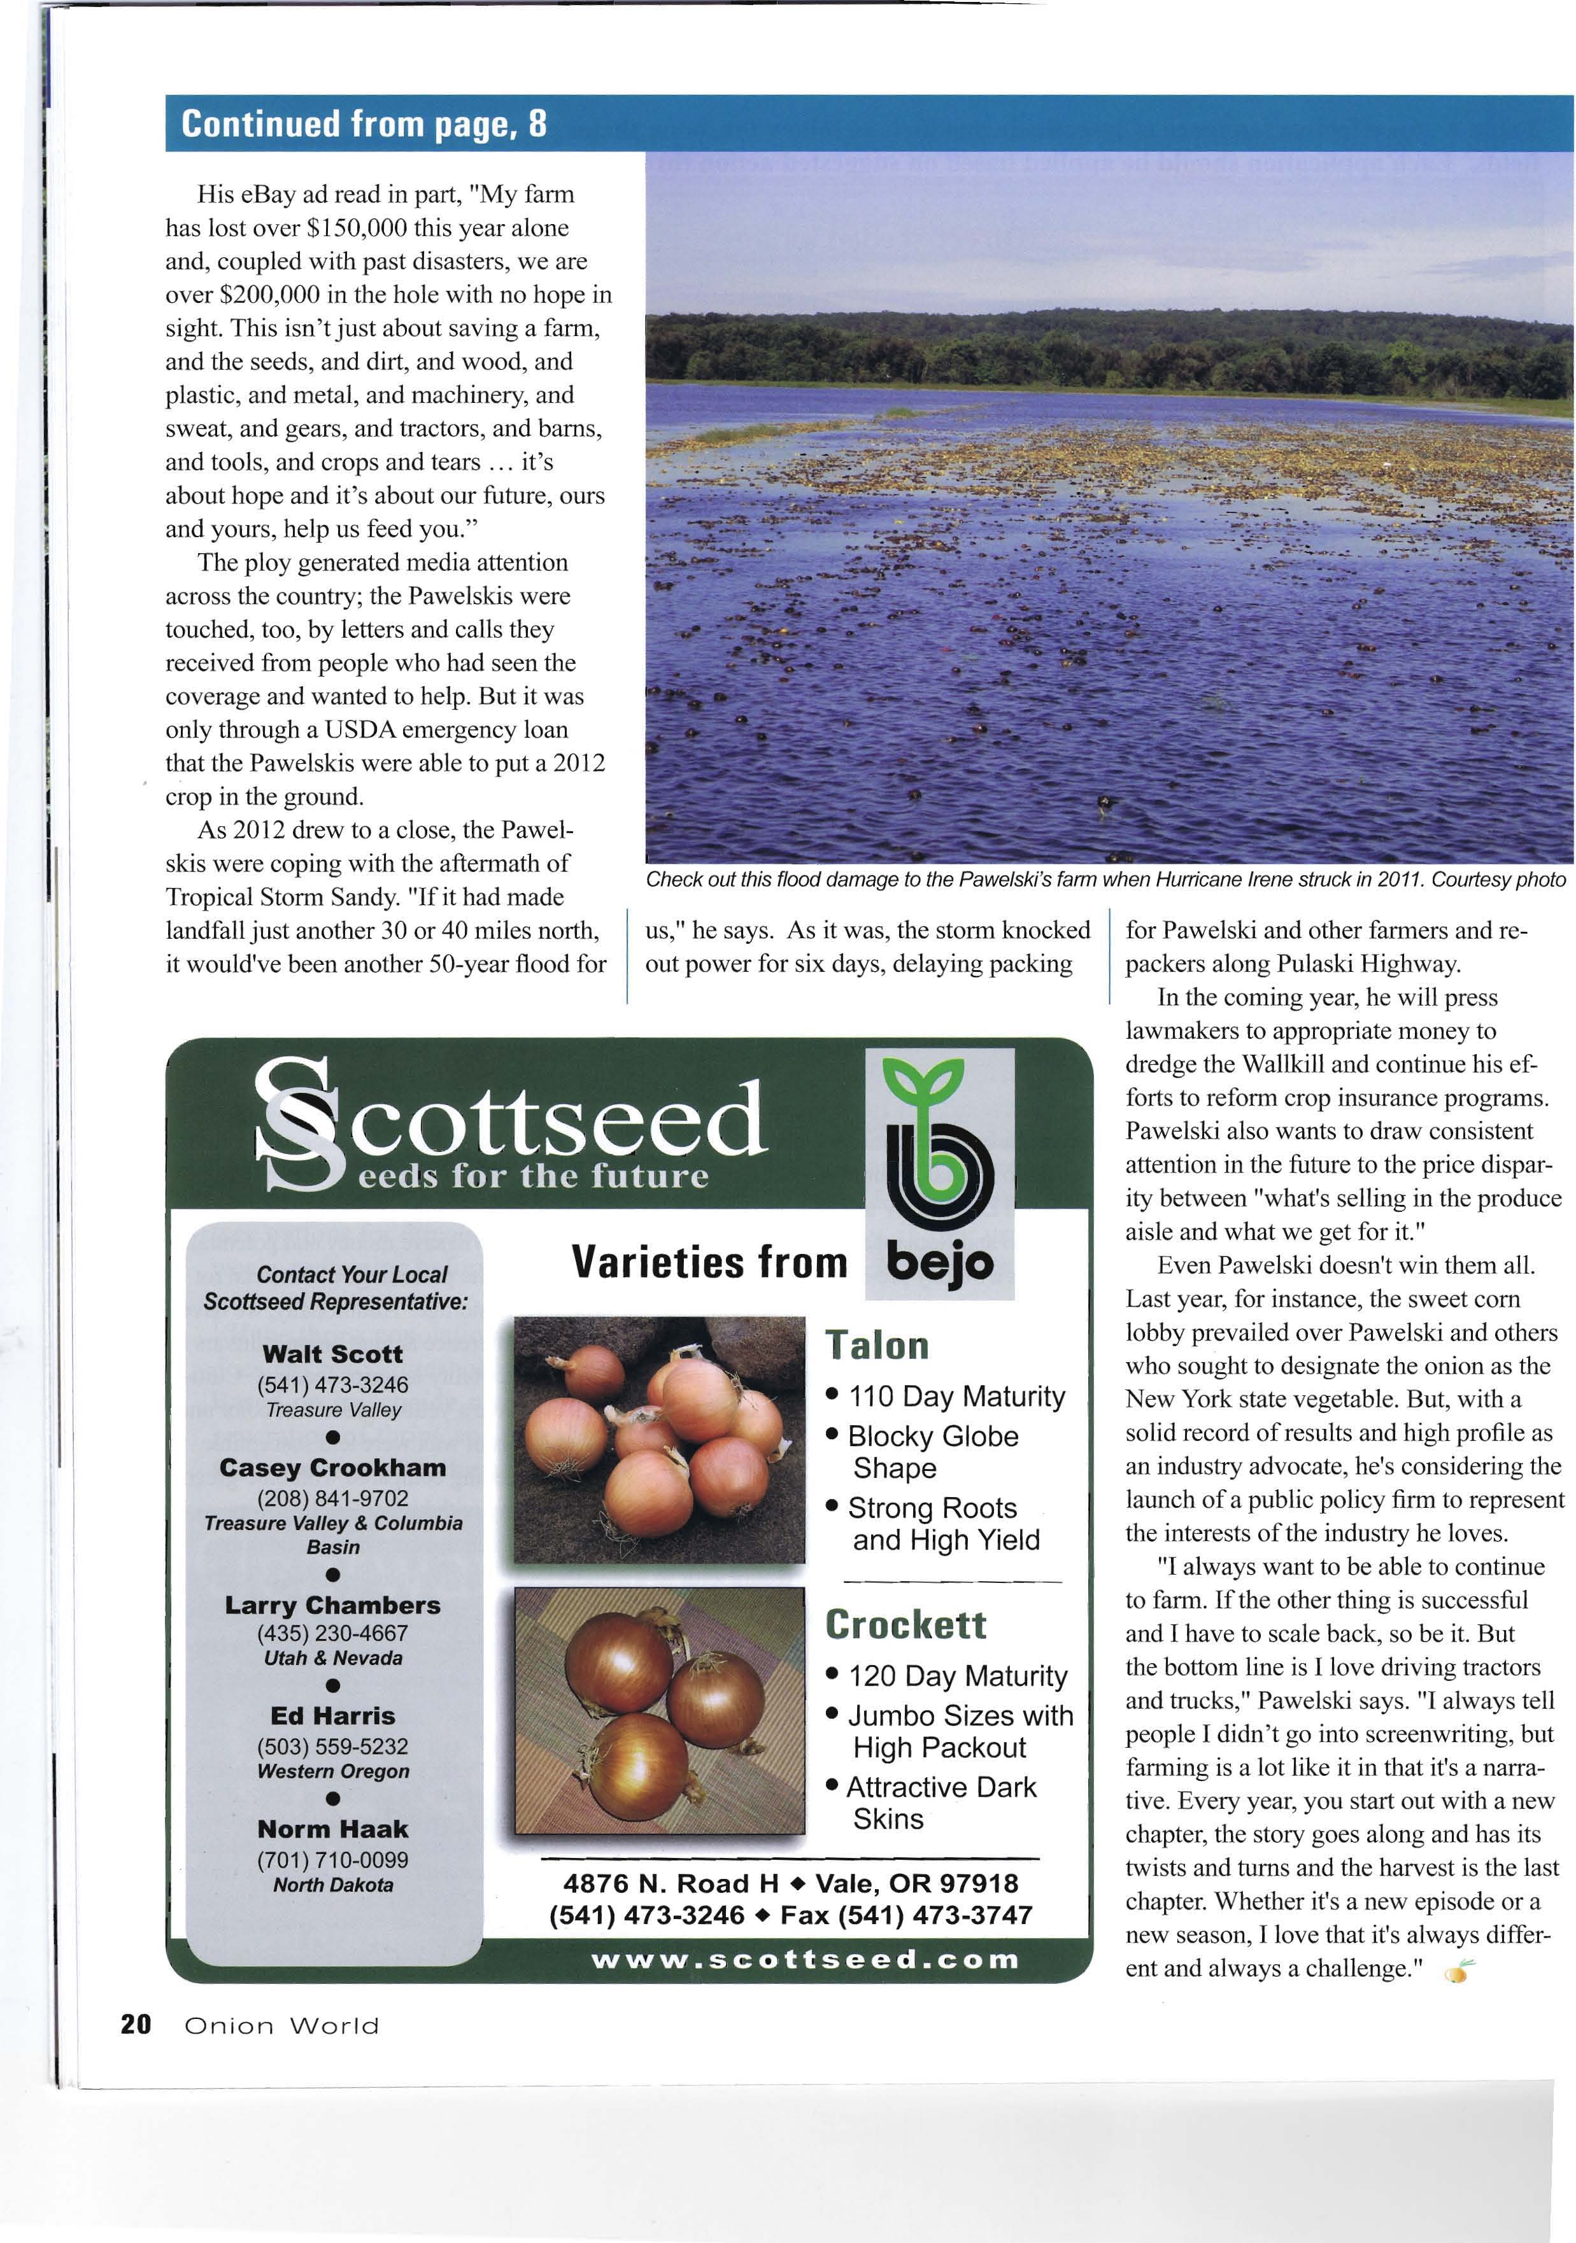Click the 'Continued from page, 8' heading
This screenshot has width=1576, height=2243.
click(364, 124)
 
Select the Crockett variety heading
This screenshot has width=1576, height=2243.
click(905, 1624)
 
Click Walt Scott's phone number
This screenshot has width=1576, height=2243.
click(332, 1385)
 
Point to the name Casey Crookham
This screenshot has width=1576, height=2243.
click(332, 1468)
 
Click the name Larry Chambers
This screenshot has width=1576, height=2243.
click(332, 1606)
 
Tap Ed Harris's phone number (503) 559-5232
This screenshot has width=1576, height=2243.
click(332, 1747)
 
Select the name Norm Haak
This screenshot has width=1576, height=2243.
click(332, 1829)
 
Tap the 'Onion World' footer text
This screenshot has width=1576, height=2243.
click(281, 2026)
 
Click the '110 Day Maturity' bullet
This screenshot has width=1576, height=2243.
click(956, 1397)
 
